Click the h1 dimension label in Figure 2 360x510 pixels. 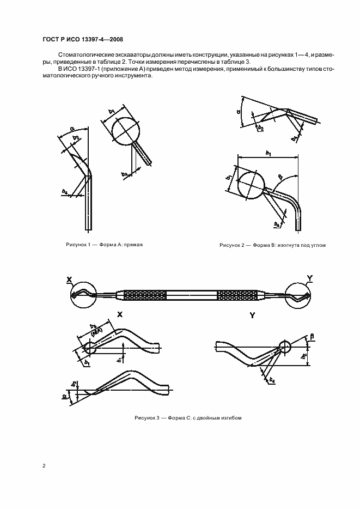point(268,154)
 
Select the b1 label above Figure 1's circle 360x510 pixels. point(112,112)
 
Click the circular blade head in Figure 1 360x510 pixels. point(125,130)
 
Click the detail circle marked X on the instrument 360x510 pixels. point(82,295)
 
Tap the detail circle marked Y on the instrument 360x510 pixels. point(297,295)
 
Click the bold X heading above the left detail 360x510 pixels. point(120,315)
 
